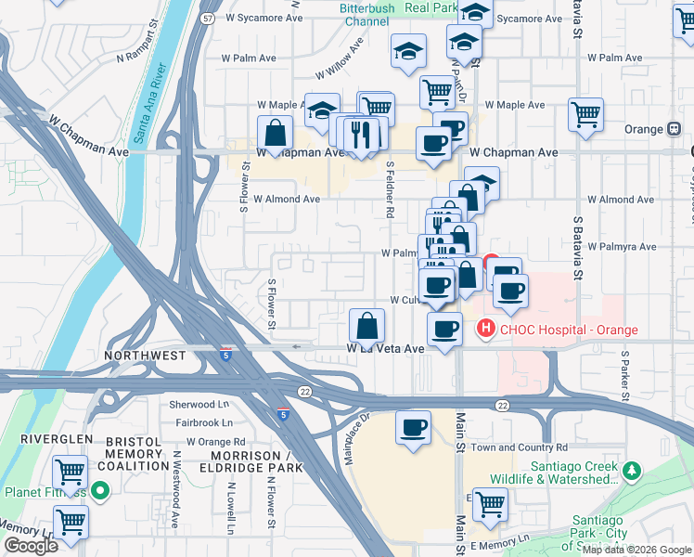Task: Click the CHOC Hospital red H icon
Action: (x=484, y=329)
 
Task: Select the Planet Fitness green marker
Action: (x=99, y=491)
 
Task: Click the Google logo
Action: (x=31, y=545)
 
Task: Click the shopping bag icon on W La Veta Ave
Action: (x=367, y=327)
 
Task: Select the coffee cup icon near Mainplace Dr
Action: (x=413, y=428)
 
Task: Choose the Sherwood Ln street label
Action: (x=199, y=405)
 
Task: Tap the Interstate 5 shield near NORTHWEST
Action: (x=226, y=354)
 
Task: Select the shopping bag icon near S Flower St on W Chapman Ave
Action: (x=276, y=134)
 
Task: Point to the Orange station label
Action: (x=645, y=129)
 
